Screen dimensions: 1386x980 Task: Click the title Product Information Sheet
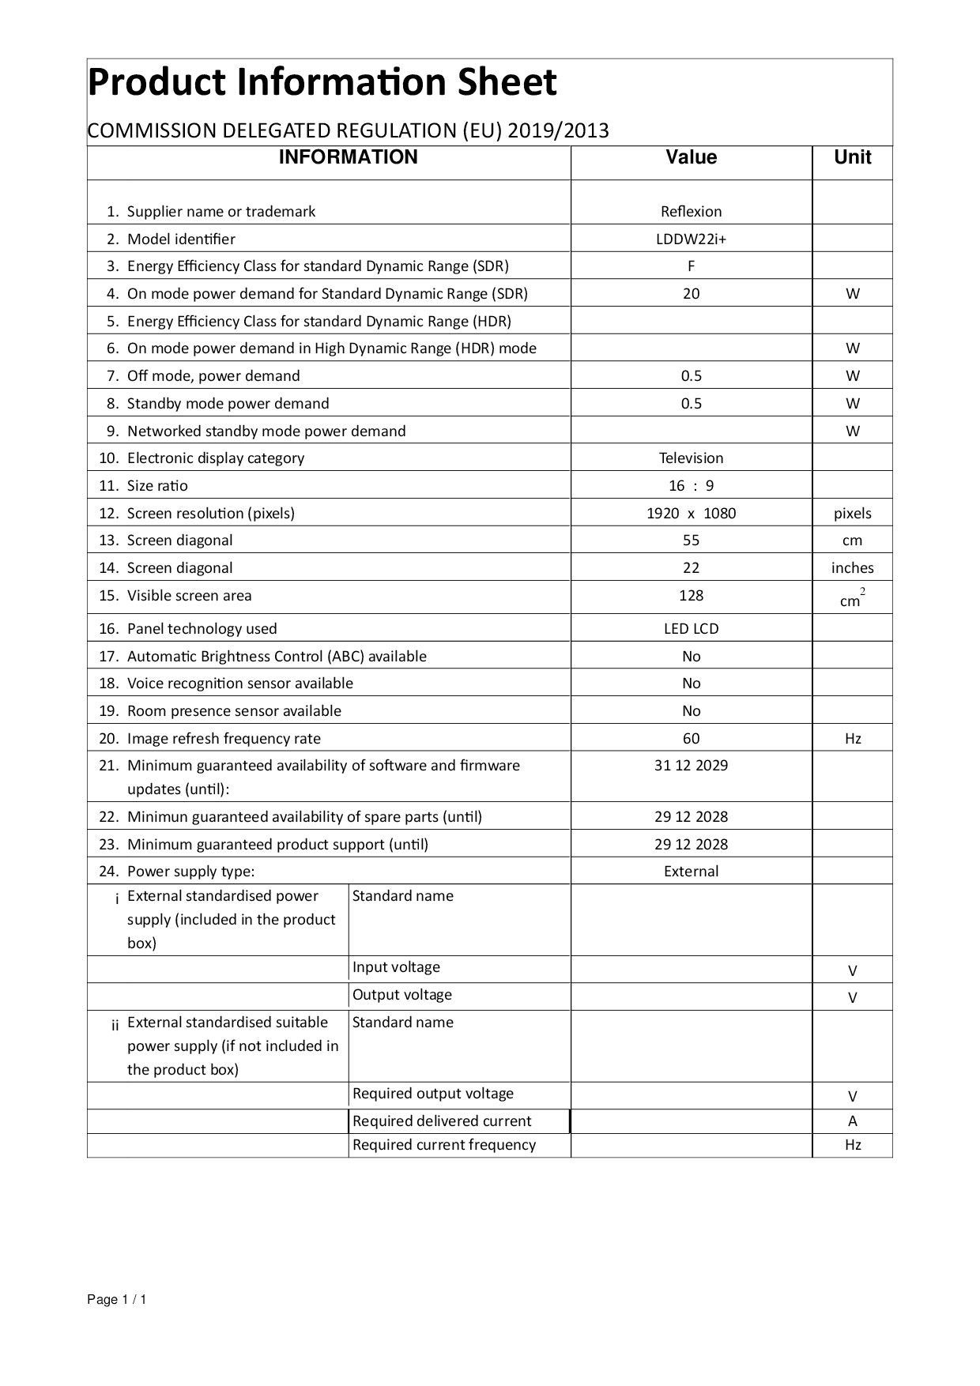[x=322, y=83]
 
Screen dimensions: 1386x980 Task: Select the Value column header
[x=691, y=157]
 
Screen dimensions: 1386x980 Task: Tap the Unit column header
[x=852, y=157]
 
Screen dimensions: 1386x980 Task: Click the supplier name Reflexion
[x=691, y=211]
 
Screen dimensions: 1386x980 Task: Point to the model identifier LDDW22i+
[x=691, y=239]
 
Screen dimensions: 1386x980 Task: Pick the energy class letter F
[x=691, y=266]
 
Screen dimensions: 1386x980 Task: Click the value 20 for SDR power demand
[x=691, y=294]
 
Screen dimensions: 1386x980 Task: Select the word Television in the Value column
[x=691, y=458]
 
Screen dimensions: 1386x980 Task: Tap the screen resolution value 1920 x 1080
[x=691, y=514]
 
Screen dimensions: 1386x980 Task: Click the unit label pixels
[x=852, y=514]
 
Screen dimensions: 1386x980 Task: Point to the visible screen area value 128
[x=691, y=596]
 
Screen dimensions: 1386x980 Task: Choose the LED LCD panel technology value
[x=691, y=629]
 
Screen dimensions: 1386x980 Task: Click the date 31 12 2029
[x=691, y=766]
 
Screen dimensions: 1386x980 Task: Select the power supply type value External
[x=691, y=872]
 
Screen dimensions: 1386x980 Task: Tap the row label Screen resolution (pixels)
[x=210, y=514]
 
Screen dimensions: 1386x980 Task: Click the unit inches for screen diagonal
[x=852, y=568]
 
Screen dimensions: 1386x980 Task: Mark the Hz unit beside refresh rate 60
[x=852, y=739]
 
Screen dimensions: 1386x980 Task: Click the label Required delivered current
[x=442, y=1121]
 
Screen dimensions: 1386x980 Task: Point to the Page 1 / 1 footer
[x=117, y=1300]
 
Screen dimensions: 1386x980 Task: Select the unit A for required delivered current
[x=852, y=1121]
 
